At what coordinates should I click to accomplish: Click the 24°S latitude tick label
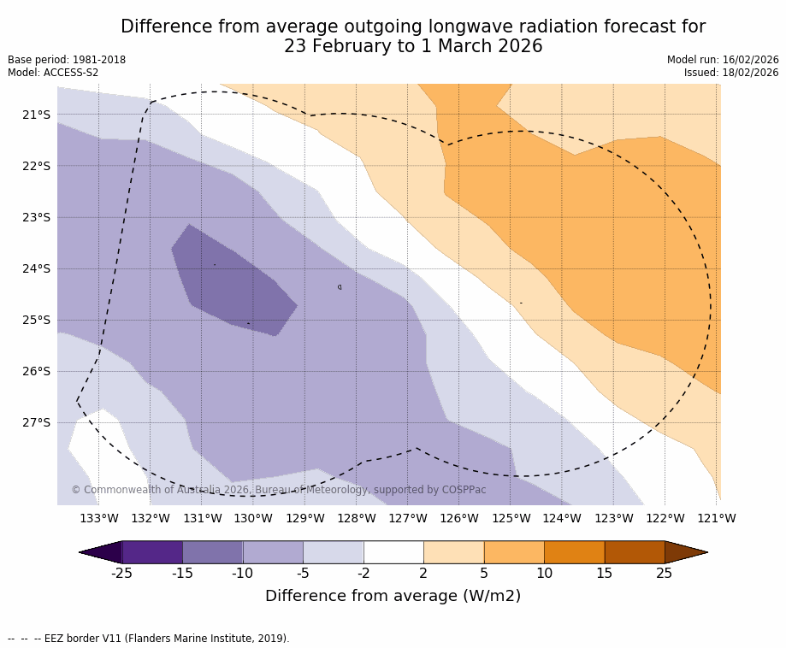coord(36,268)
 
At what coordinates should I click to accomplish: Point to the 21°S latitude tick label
coord(36,115)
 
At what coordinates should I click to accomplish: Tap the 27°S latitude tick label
coord(36,422)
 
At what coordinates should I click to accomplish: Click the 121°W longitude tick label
coord(717,518)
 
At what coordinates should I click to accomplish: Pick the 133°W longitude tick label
coord(98,518)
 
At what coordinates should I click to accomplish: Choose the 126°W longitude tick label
coord(459,518)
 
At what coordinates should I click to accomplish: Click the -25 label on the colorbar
coord(121,573)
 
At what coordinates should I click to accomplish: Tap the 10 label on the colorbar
coord(544,573)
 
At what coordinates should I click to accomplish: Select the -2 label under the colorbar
coord(363,573)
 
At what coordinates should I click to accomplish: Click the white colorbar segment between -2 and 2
coord(393,552)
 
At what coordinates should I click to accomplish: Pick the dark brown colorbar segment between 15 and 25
coord(634,552)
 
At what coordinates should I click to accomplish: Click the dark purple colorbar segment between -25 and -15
coord(152,552)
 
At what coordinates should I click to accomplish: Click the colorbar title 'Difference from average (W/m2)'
coord(393,596)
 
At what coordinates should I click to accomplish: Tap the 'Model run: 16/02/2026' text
coord(723,60)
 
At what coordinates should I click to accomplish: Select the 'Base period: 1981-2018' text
coord(67,60)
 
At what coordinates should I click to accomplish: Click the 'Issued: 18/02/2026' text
coord(731,73)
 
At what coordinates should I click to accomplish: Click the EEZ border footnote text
coord(149,639)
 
